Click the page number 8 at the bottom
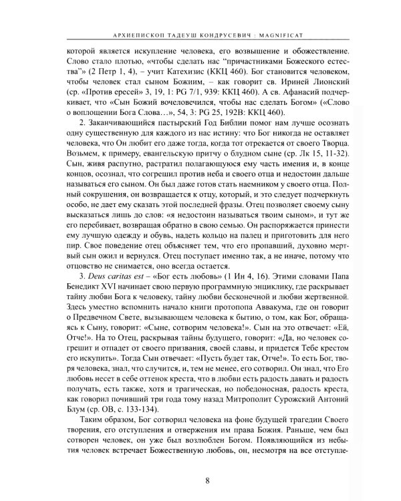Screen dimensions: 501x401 200,479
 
